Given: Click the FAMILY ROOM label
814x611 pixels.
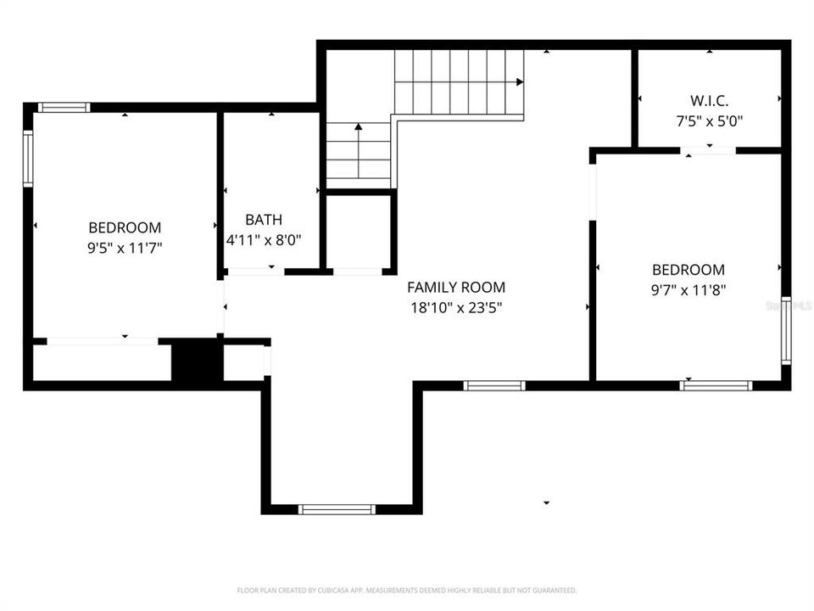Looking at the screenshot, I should tap(456, 288).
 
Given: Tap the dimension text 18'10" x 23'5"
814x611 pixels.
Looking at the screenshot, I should tap(456, 308).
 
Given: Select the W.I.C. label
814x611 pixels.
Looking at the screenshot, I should tap(709, 100).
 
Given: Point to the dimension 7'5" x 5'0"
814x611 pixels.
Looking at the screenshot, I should tap(709, 121).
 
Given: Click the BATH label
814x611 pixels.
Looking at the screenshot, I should tap(264, 220).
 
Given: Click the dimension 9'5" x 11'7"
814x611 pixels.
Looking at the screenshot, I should tap(125, 248).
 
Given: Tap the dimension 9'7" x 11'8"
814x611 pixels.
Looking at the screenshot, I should tap(688, 289).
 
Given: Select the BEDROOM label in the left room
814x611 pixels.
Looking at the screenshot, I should tap(125, 227).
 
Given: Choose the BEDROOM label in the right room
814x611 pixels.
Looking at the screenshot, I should tap(688, 270).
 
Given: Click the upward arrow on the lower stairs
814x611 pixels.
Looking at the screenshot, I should tap(359, 127).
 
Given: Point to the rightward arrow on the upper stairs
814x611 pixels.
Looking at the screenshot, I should tap(518, 82).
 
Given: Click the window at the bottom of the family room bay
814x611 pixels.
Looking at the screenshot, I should tap(337, 509).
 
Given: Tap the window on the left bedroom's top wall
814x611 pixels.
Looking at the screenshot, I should tap(64, 108).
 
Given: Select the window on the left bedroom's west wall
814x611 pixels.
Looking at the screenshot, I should tap(28, 159).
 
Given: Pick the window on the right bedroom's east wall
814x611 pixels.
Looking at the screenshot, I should tap(786, 331).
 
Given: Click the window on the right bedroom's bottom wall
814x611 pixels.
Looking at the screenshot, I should tap(716, 385).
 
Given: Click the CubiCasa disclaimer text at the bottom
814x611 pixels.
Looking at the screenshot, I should tap(407, 590).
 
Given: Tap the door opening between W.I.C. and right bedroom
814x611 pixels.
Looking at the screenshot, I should tap(709, 151).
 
